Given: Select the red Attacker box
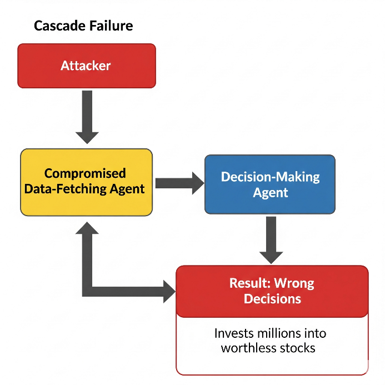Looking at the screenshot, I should click(x=86, y=66).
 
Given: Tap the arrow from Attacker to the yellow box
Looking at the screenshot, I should click(x=87, y=117).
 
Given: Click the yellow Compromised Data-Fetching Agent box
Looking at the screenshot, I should click(x=86, y=182).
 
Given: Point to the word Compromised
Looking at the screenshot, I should click(x=85, y=173).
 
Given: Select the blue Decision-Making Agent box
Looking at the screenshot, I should click(x=270, y=184).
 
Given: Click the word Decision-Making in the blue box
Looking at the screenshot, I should click(x=270, y=177).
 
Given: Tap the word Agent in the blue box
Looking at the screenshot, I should click(x=271, y=193).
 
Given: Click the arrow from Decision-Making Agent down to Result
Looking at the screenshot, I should click(x=272, y=239).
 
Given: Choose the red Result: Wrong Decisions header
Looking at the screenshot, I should click(x=272, y=291).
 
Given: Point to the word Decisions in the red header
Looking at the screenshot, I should click(x=272, y=299).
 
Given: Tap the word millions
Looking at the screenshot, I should click(x=282, y=334).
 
